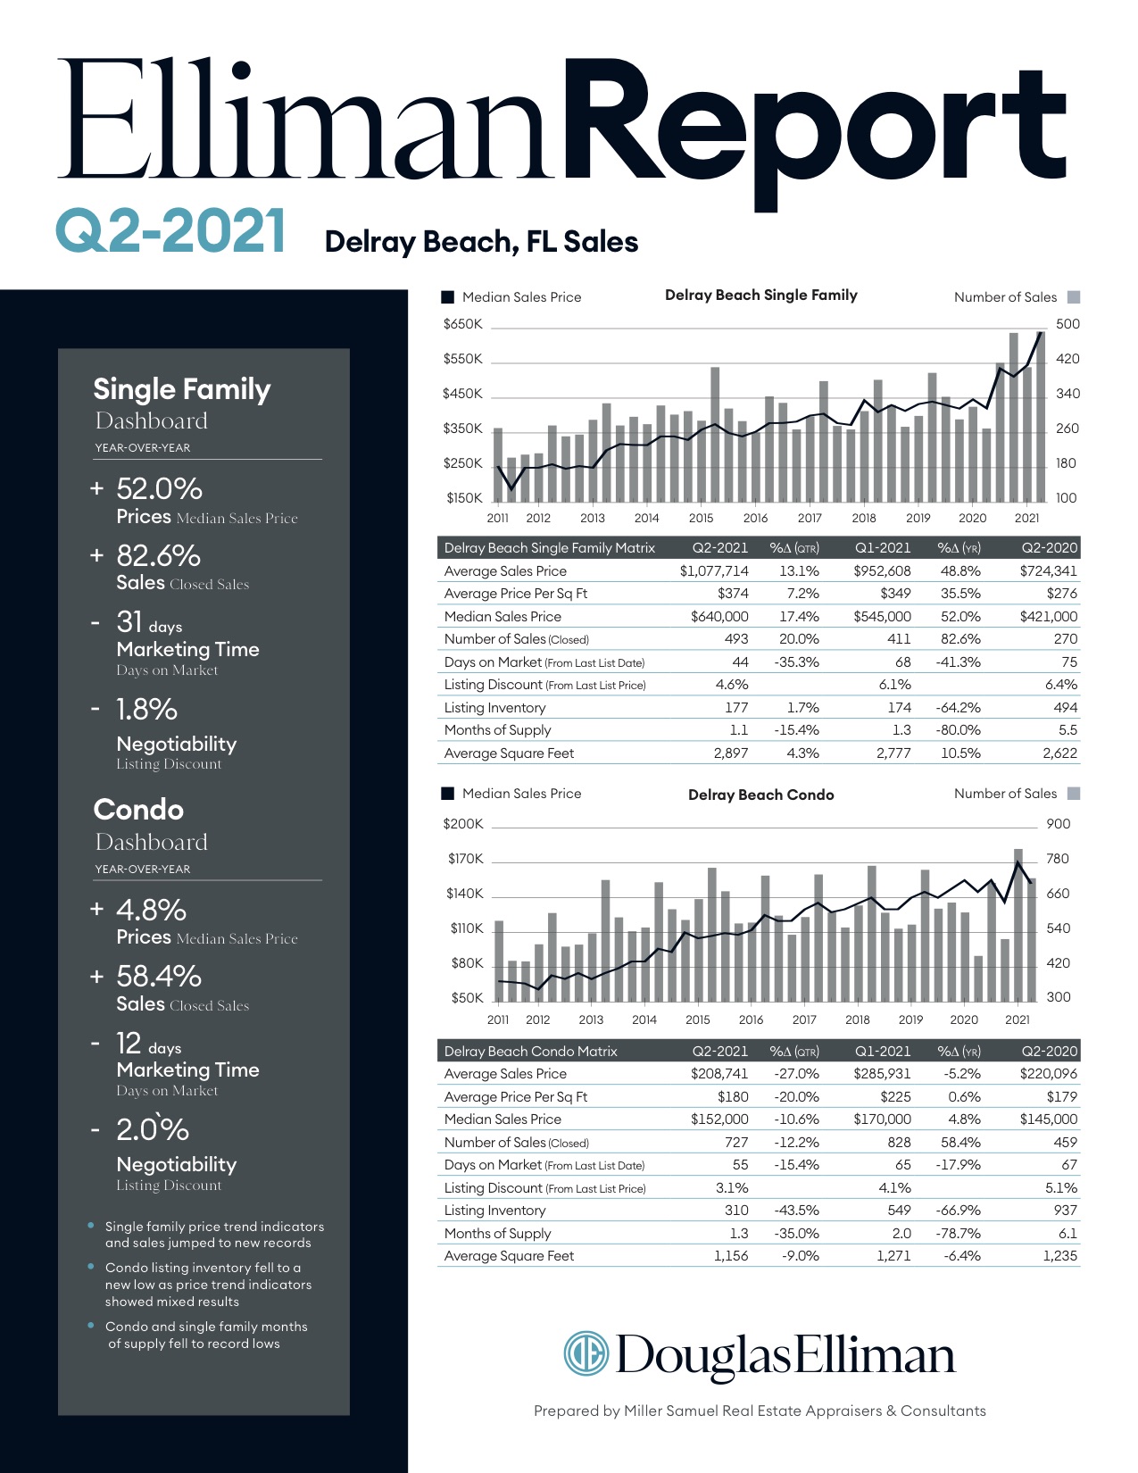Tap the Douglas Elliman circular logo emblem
586,1353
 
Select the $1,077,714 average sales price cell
714,571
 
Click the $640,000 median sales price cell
719,617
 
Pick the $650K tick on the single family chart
462,324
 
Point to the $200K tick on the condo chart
462,824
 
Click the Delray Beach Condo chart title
760,795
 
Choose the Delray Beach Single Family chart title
760,295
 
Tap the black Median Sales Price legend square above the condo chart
448,794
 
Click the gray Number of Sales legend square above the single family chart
1074,297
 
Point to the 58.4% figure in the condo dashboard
158,977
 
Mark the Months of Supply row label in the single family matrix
497,730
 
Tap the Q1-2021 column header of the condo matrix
882,1052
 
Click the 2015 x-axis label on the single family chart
701,518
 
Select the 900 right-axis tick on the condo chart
1058,824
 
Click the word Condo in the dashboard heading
138,810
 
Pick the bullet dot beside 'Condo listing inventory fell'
91,1267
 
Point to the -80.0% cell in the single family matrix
959,730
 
